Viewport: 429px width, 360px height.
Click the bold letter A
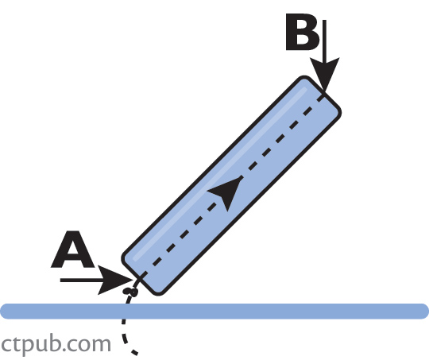point(73,250)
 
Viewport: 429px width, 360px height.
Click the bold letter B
point(303,32)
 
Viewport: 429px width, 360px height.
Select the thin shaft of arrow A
point(82,280)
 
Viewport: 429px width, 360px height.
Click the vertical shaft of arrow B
point(324,41)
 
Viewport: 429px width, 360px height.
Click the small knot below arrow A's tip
point(130,292)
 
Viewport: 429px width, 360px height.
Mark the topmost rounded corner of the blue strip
point(304,78)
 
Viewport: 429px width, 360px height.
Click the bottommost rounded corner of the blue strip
point(158,293)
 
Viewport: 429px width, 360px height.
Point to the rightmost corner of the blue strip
point(338,112)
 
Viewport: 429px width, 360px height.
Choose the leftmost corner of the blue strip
point(124,258)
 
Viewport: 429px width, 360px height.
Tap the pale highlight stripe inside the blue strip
point(220,173)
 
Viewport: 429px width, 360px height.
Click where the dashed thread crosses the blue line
point(125,312)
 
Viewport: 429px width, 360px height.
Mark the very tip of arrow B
point(325,91)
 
